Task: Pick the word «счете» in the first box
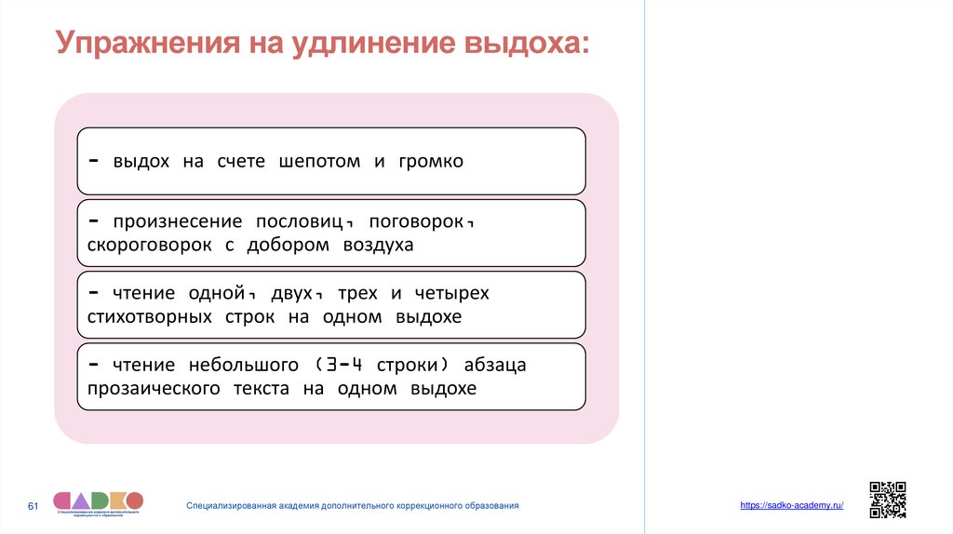tap(241, 162)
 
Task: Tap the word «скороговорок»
tap(150, 246)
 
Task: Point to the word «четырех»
tap(453, 294)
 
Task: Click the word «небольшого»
tap(227, 366)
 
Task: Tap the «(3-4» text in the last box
tap(332, 366)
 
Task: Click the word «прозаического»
tap(156, 389)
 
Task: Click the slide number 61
tap(33, 506)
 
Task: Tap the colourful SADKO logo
tap(98, 502)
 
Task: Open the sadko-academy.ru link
tap(792, 504)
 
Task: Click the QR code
tap(887, 500)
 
